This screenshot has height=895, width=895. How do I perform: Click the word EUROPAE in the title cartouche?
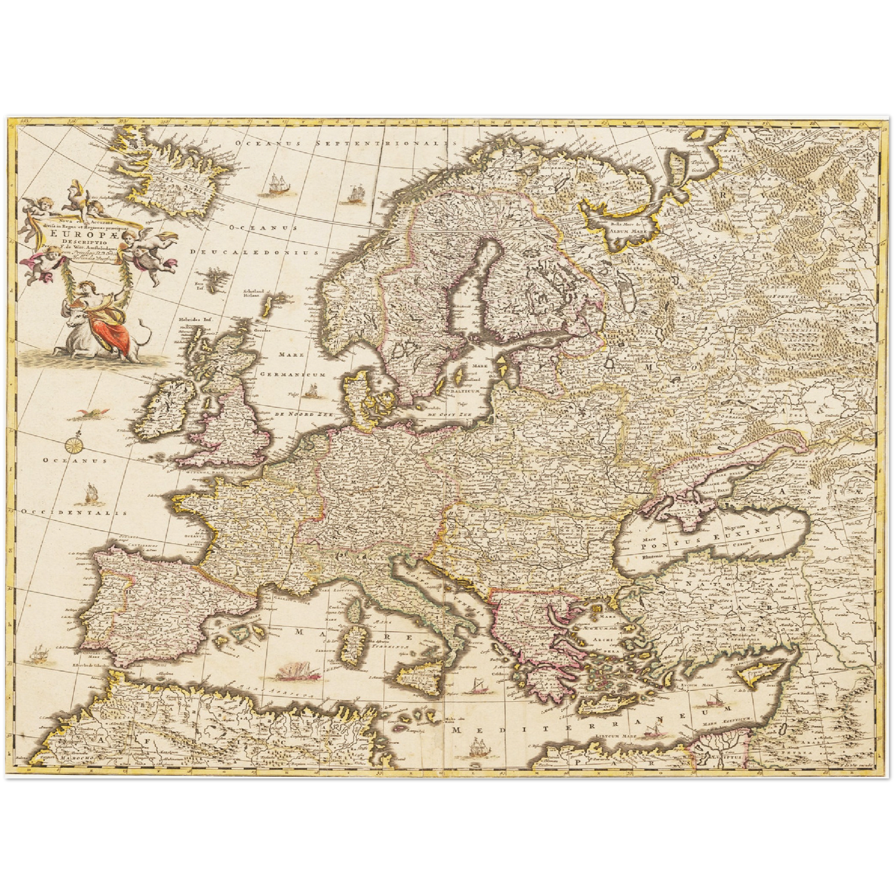point(77,234)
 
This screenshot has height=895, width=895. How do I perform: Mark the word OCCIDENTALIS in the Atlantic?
point(74,513)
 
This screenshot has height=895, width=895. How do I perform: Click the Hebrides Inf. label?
point(191,320)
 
